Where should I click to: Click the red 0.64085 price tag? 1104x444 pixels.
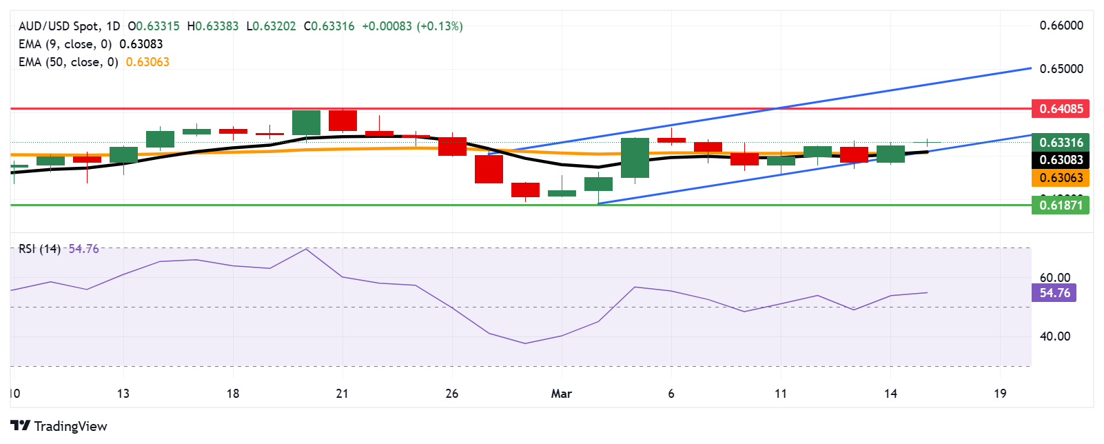pyautogui.click(x=1061, y=109)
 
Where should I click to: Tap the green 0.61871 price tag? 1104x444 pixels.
pyautogui.click(x=1061, y=205)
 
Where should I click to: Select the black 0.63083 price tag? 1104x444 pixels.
pyautogui.click(x=1061, y=160)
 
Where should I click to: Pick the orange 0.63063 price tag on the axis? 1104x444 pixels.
pyautogui.click(x=1061, y=178)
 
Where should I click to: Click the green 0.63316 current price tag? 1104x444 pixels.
pyautogui.click(x=1061, y=143)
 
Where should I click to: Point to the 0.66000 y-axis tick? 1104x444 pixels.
pyautogui.click(x=1061, y=26)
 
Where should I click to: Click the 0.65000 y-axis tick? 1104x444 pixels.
pyautogui.click(x=1061, y=69)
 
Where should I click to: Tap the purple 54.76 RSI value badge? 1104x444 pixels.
pyautogui.click(x=1054, y=293)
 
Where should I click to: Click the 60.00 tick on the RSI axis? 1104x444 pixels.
pyautogui.click(x=1055, y=278)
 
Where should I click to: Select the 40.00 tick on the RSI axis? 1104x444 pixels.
pyautogui.click(x=1055, y=336)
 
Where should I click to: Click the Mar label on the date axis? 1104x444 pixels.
pyautogui.click(x=562, y=394)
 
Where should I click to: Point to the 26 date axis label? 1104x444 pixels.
pyautogui.click(x=452, y=394)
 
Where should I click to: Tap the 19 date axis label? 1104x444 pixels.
pyautogui.click(x=1000, y=394)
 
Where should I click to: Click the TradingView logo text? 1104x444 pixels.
pyautogui.click(x=70, y=426)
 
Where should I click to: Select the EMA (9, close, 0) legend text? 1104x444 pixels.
pyautogui.click(x=65, y=44)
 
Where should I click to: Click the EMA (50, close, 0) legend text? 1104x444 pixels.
pyautogui.click(x=68, y=62)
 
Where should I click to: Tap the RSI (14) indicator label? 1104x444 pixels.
pyautogui.click(x=39, y=249)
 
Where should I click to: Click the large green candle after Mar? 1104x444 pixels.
pyautogui.click(x=635, y=158)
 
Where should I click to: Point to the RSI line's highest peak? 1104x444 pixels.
pyautogui.click(x=306, y=249)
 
